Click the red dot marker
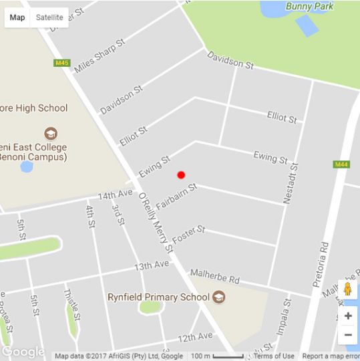(181, 175)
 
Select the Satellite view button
(49, 17)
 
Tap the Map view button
(17, 17)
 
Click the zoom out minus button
(348, 335)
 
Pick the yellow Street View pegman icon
(348, 289)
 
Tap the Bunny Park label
(308, 6)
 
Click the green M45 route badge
(62, 63)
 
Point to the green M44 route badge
(341, 164)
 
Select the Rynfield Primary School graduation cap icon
(219, 297)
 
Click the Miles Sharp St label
(100, 55)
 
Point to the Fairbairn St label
(176, 197)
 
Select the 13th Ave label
(152, 265)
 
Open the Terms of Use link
(274, 356)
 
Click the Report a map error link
(331, 356)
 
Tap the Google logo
(23, 352)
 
